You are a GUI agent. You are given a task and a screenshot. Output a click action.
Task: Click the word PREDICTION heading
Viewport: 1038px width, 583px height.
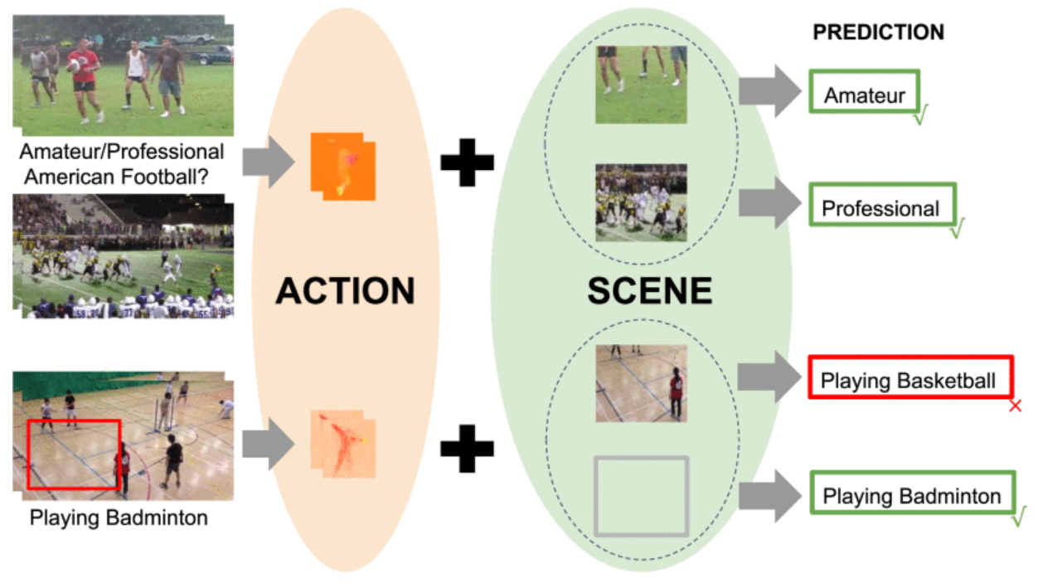878,32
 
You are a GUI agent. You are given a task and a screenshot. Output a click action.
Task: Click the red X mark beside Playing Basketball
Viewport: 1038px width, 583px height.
1015,406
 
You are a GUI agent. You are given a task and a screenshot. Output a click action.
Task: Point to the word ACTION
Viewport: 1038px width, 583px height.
345,290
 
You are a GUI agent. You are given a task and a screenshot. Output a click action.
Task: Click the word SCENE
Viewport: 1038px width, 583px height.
649,290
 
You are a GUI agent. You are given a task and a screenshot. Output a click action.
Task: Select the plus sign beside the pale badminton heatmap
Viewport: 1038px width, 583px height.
467,448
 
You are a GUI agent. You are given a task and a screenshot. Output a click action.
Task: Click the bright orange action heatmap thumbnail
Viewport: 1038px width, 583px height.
342,166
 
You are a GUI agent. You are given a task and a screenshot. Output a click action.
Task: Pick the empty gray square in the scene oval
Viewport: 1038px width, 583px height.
641,496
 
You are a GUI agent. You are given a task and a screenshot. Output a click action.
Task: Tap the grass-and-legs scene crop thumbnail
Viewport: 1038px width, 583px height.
641,85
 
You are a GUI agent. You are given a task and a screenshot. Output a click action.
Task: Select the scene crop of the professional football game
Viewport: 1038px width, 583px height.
641,202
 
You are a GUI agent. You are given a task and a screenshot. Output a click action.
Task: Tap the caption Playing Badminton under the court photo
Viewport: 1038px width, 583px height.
119,519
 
